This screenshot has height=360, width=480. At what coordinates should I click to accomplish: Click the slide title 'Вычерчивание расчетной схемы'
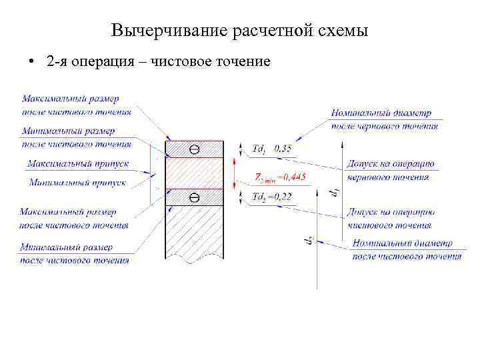coord(239,31)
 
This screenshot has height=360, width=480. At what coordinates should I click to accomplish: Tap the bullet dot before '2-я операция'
coord(31,63)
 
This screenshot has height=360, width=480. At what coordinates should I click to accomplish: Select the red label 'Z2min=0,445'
coord(281,177)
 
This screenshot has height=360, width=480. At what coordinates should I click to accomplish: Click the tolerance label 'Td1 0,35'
coord(272,149)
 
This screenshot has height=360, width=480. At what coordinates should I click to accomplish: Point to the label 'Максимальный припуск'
coord(78,163)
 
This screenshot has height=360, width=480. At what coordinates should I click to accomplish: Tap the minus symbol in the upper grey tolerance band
coord(194,149)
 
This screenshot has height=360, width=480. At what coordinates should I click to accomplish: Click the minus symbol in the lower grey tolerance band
coord(194,197)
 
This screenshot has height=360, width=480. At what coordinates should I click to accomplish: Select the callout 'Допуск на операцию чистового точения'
coord(391,219)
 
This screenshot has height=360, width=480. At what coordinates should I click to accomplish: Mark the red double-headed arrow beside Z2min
coord(234,173)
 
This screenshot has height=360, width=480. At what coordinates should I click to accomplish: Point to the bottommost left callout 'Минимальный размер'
coord(75,253)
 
